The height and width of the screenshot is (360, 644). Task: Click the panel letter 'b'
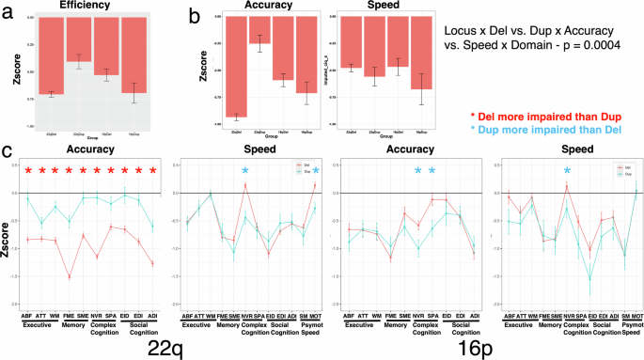click(x=195, y=15)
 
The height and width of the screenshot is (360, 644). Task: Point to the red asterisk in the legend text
click(x=476, y=113)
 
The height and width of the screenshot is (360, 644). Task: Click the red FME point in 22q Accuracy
click(x=70, y=276)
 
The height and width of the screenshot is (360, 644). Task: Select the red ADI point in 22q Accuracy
click(x=151, y=263)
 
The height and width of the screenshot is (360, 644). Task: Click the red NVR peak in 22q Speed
click(x=244, y=184)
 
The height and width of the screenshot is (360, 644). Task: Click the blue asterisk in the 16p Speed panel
click(x=567, y=170)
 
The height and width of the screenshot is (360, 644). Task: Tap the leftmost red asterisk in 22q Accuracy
click(x=28, y=170)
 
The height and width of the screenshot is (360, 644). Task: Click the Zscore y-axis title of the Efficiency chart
click(x=8, y=70)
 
